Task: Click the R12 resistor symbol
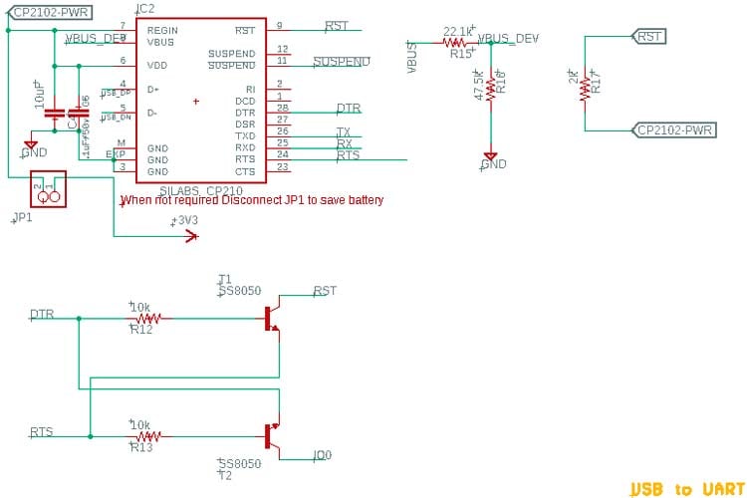[x=149, y=319]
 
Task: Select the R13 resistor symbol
[x=149, y=436]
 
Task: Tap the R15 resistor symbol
[x=457, y=43]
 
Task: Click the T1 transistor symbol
[x=272, y=318]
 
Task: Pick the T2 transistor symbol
[x=272, y=436]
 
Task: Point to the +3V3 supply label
[x=186, y=221]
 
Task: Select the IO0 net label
[x=322, y=456]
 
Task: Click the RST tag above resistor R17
[x=648, y=37]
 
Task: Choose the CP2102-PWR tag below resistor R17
[x=673, y=130]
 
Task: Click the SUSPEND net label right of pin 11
[x=342, y=62]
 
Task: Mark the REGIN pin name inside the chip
[x=161, y=31]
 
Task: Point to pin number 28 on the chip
[x=283, y=108]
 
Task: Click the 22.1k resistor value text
[x=457, y=32]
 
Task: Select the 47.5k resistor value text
[x=480, y=86]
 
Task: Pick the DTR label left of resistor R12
[x=42, y=315]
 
